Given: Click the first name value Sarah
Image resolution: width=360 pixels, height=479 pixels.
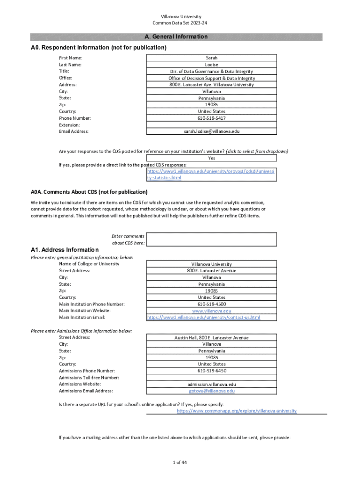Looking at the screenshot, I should pos(211,58).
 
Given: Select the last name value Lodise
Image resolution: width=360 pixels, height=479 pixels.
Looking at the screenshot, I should pos(211,65).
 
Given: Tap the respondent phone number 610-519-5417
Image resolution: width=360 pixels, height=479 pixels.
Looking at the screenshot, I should pos(211,118).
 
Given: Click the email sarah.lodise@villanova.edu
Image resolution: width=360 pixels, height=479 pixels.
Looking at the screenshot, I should pos(211,131).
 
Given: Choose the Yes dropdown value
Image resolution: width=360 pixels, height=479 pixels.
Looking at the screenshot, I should pos(211,158).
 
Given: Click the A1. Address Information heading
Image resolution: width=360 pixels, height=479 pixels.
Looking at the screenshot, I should pos(65,250).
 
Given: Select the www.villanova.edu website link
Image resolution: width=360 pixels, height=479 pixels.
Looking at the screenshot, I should pos(211,311).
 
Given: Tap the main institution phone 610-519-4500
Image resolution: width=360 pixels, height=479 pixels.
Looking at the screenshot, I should pos(211,304).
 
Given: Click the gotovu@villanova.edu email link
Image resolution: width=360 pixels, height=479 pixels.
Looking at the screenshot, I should pos(211,391).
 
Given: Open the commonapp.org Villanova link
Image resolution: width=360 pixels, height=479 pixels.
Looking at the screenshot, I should pos(237,411).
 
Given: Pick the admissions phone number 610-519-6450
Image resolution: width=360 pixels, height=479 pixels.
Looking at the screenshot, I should pos(211,371).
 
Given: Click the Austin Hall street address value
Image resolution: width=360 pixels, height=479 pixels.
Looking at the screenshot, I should pos(211,338).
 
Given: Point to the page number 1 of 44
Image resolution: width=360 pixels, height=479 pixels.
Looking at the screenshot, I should pos(180,463).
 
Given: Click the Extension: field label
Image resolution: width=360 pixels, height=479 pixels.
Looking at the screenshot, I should pos(69,125).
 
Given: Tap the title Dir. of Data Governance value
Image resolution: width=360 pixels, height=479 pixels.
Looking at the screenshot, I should pos(211,72).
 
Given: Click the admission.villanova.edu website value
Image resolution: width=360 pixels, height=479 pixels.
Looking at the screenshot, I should pos(211,384).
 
